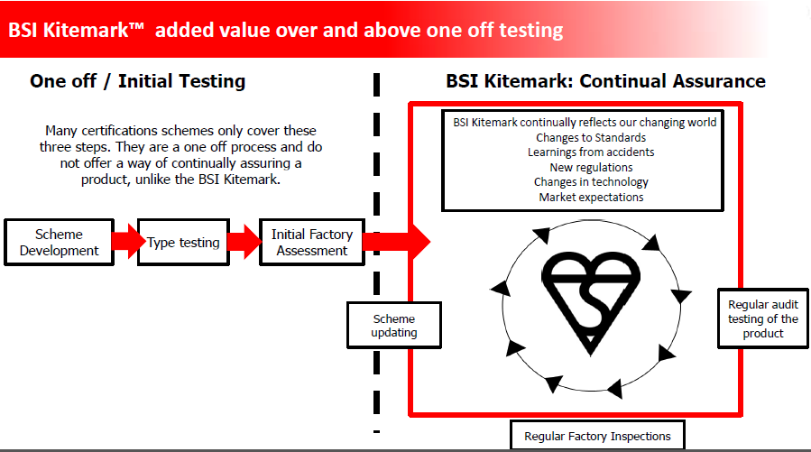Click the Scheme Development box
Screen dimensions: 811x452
click(x=59, y=242)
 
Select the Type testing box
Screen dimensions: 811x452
click(x=183, y=242)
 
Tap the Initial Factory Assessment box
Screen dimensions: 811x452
click(x=312, y=242)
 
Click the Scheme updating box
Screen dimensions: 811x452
click(x=394, y=326)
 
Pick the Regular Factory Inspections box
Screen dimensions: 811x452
click(x=597, y=436)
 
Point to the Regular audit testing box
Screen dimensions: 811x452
click(x=763, y=318)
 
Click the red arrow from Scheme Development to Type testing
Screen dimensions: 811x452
click(x=126, y=241)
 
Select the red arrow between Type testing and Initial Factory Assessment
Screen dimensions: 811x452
click(x=244, y=241)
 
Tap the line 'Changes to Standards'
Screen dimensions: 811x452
click(x=591, y=137)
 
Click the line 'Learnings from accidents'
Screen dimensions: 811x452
click(x=591, y=152)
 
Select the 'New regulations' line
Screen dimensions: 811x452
click(x=591, y=167)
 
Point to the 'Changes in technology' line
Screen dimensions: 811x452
click(x=591, y=182)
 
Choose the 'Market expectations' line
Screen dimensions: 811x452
click(x=591, y=197)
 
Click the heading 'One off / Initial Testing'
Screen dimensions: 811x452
click(x=138, y=81)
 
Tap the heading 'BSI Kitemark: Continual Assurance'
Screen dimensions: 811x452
click(x=605, y=81)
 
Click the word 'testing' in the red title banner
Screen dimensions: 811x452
click(x=530, y=31)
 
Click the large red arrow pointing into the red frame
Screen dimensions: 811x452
click(x=396, y=241)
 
